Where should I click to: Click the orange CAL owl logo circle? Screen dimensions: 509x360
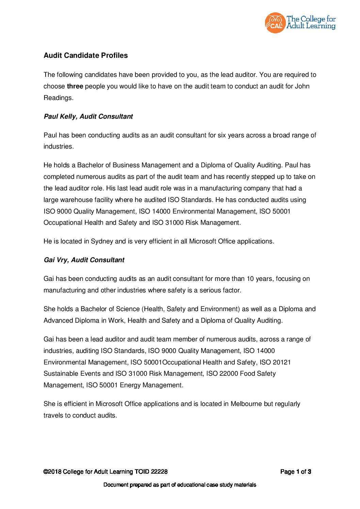point(275,23)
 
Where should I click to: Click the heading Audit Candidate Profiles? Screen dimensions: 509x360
point(85,55)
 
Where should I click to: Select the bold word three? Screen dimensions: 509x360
point(75,86)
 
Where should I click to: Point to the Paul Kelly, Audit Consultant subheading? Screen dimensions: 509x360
point(88,116)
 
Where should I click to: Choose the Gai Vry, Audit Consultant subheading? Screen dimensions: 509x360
point(84,260)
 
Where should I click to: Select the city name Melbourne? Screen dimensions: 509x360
point(246,404)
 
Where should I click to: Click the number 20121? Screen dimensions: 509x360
point(282,362)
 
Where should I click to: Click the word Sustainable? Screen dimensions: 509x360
point(61,374)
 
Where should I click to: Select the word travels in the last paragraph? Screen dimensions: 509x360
point(54,415)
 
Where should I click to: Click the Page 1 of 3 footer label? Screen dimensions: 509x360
point(295,472)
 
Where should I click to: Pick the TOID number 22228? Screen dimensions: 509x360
point(159,472)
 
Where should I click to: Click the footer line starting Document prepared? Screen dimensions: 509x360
point(180,485)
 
